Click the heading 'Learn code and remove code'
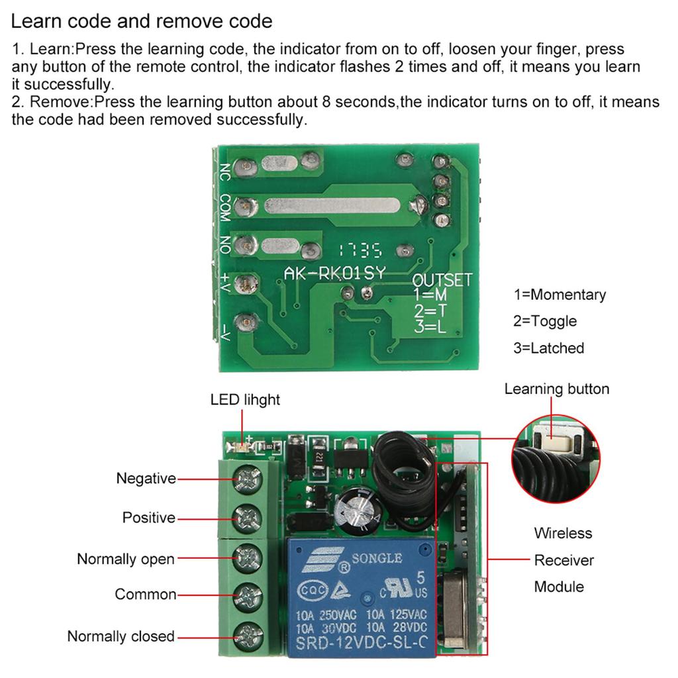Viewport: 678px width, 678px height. [x=142, y=21]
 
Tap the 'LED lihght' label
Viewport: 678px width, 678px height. [x=245, y=400]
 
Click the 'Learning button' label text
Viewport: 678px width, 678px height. [x=557, y=389]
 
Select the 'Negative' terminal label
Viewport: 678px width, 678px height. [x=146, y=478]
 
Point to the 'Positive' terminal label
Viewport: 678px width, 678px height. [x=149, y=517]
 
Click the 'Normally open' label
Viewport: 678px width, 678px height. [x=126, y=559]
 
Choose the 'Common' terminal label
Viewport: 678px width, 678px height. [x=146, y=594]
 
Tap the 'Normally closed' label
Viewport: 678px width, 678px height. [x=121, y=636]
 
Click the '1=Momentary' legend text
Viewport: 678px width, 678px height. [x=559, y=295]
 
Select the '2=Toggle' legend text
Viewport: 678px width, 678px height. [x=545, y=321]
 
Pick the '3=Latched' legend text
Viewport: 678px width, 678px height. [x=548, y=348]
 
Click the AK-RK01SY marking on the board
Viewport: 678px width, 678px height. [x=334, y=273]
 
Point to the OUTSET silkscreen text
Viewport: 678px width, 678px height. [x=442, y=279]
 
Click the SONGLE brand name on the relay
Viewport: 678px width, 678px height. [x=376, y=558]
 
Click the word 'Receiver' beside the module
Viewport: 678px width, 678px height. [x=564, y=560]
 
